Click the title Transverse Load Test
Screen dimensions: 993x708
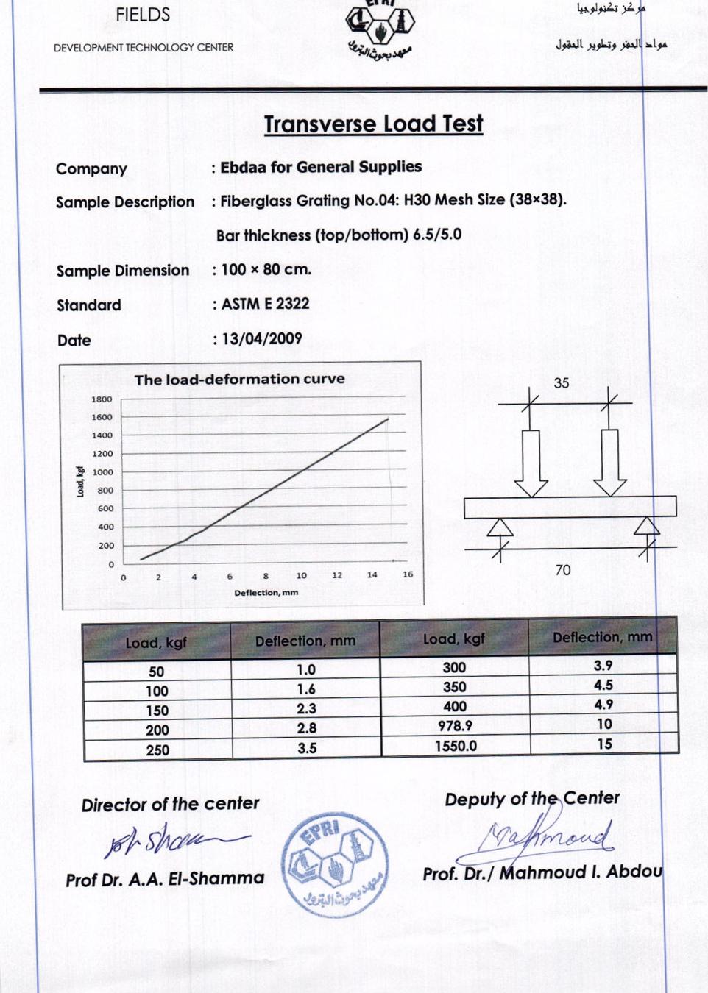coord(373,124)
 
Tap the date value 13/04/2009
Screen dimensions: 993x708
coord(262,339)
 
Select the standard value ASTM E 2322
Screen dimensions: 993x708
coord(265,304)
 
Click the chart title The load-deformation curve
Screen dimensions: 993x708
coord(239,380)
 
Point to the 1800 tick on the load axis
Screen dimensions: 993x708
coord(102,399)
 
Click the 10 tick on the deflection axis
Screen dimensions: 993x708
coord(302,576)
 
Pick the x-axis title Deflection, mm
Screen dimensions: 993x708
coord(266,593)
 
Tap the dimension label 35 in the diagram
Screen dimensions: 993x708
coord(562,383)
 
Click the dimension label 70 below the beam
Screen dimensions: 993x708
coord(563,570)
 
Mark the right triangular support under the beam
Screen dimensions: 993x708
coord(647,526)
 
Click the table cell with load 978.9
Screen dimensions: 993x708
coord(455,725)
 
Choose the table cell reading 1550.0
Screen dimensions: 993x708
coord(456,746)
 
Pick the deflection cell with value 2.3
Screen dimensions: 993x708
coord(306,709)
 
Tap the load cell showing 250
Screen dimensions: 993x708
coord(157,750)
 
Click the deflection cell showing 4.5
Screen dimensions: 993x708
coord(603,686)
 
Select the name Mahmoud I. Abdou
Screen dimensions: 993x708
coord(581,873)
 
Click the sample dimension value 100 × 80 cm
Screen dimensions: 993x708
coord(266,270)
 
